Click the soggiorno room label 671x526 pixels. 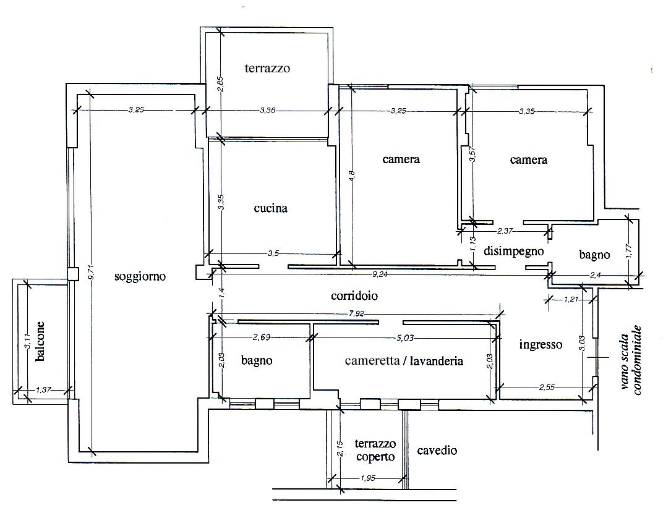(x=140, y=277)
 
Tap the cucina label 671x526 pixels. (x=270, y=208)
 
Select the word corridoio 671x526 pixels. (x=354, y=295)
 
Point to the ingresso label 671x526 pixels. (x=541, y=345)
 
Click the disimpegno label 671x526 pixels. (x=513, y=251)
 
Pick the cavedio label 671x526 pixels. (x=437, y=451)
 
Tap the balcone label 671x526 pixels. (x=40, y=341)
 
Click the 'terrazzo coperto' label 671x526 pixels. (x=375, y=451)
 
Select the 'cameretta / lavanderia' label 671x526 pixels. (x=404, y=361)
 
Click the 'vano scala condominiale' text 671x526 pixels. (x=631, y=360)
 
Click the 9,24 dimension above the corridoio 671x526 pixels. (x=380, y=274)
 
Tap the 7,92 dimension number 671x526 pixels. (x=356, y=313)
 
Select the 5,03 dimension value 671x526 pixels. (x=405, y=338)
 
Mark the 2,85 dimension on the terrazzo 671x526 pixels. (x=220, y=84)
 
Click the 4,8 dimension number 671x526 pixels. (x=352, y=176)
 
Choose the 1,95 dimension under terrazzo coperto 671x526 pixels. (x=367, y=478)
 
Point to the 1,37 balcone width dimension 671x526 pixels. (x=43, y=389)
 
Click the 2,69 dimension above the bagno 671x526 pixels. (x=261, y=337)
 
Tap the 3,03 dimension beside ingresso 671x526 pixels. (x=581, y=343)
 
